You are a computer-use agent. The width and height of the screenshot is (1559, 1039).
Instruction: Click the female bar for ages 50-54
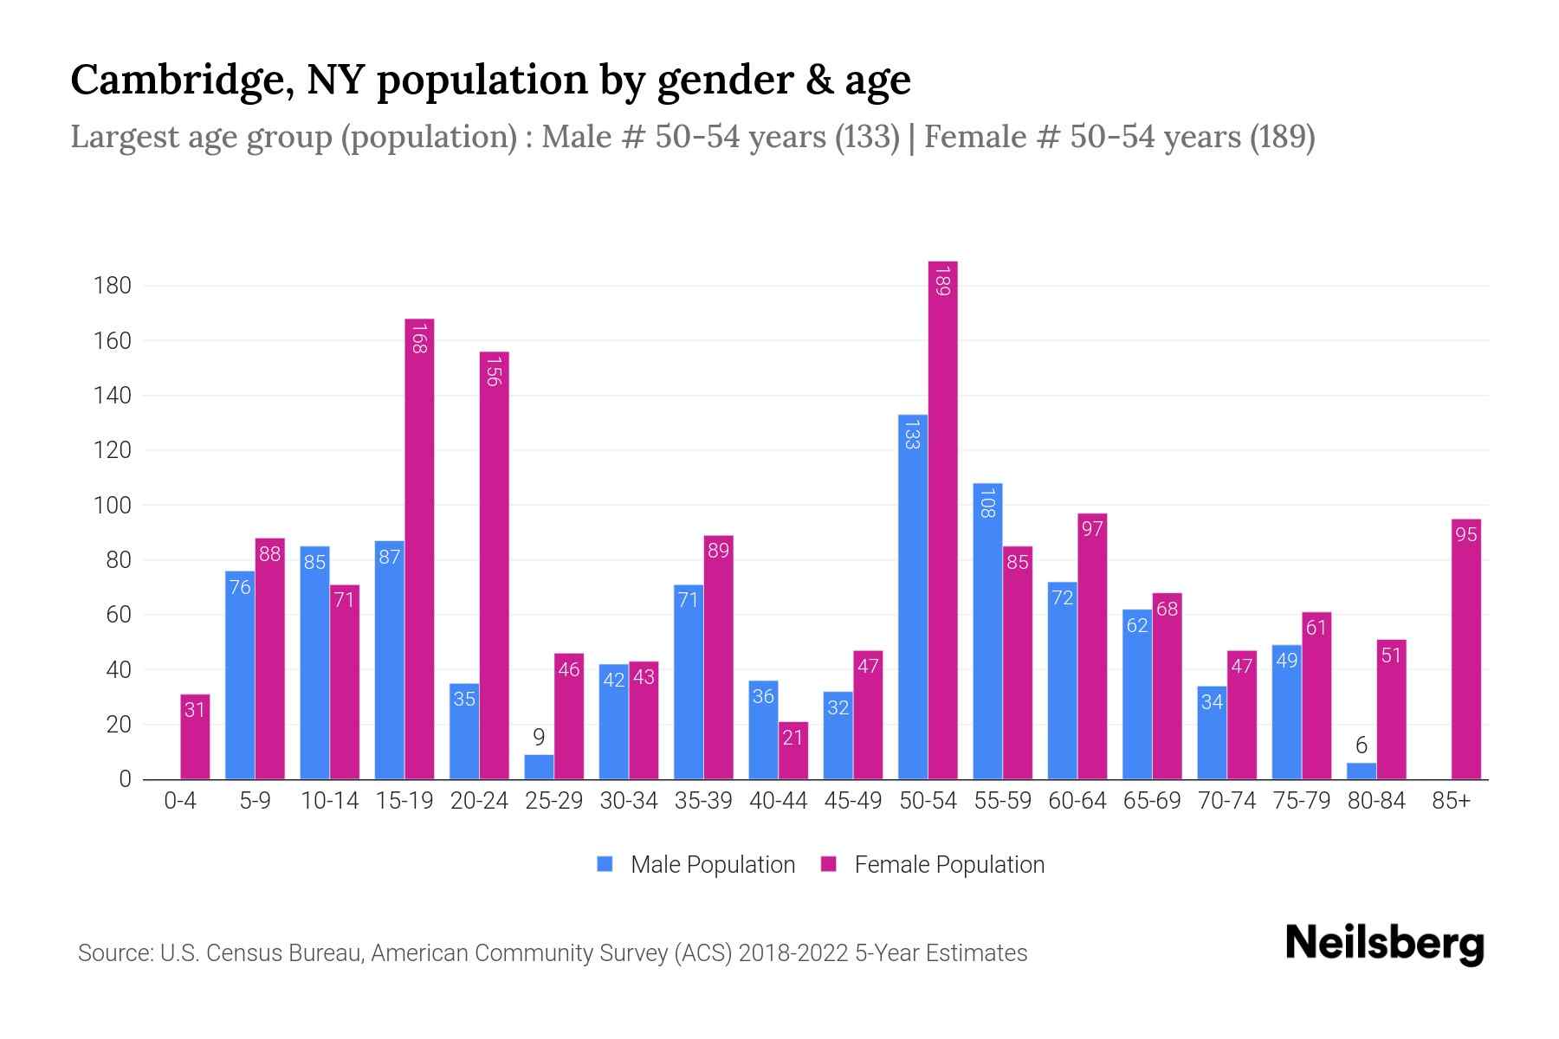click(942, 519)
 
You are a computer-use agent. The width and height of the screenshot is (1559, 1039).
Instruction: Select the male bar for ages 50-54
click(912, 597)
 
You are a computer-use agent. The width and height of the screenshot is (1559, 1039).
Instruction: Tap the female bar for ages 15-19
click(419, 549)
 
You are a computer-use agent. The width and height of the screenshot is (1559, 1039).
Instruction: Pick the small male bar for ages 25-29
click(539, 767)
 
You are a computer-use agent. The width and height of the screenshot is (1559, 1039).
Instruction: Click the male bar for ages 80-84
click(1362, 771)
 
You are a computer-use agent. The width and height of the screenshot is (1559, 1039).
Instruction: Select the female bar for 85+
click(1466, 649)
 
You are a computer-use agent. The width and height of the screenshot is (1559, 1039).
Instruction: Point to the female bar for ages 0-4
click(195, 737)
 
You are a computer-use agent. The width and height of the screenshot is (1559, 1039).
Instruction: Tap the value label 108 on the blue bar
click(987, 502)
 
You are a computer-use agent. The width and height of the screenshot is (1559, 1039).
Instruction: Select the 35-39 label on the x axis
click(703, 801)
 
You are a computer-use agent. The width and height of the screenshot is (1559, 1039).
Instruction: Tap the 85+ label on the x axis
click(1451, 801)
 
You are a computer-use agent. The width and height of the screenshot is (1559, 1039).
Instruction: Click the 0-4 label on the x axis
click(180, 801)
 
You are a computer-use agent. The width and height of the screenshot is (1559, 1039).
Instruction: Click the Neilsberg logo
click(1384, 944)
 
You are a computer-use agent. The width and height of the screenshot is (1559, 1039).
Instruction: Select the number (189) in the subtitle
click(1282, 137)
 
